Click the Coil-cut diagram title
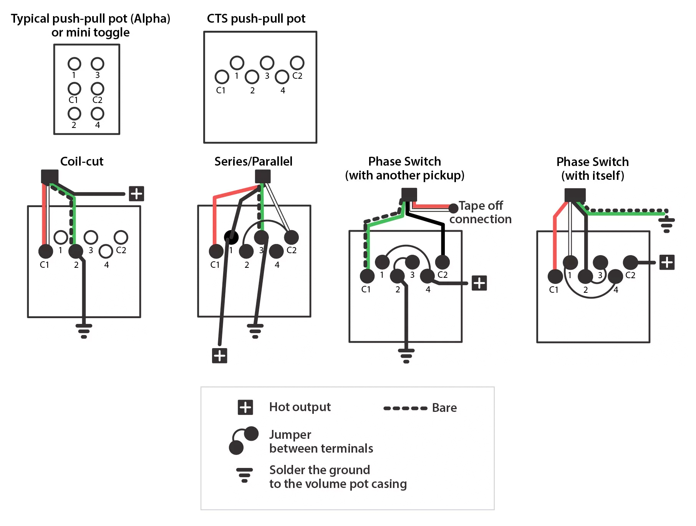[82, 161]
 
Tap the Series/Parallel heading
[253, 161]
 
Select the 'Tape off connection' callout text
[481, 212]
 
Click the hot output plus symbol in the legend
[245, 407]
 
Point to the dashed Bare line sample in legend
[405, 408]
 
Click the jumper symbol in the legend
[244, 440]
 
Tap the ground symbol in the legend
[244, 475]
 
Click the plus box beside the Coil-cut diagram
[136, 194]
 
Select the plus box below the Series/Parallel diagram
[220, 355]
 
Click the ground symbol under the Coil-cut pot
[84, 331]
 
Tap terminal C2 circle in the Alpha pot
[98, 89]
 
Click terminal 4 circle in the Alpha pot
[98, 114]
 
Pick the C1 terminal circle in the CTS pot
[222, 77]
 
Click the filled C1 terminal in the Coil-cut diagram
[46, 251]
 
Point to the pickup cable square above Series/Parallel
[263, 176]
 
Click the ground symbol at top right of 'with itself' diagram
[666, 224]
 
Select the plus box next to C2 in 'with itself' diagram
[667, 262]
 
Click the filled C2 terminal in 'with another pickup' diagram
[442, 262]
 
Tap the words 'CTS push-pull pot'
[256, 18]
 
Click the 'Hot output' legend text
[300, 407]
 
